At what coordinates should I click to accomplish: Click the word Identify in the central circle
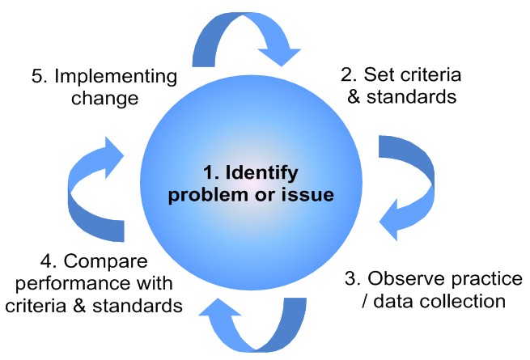tap(266, 173)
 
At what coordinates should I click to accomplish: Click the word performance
tap(88, 285)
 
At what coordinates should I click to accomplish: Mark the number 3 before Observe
tap(351, 279)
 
